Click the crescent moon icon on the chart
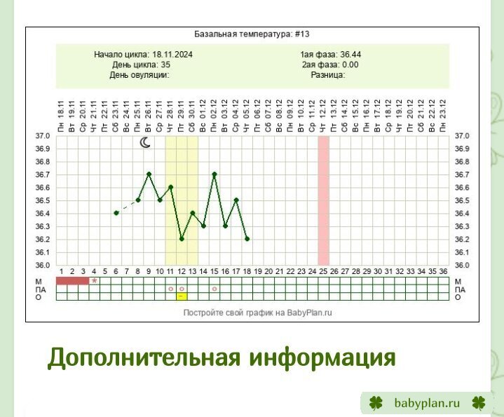[x=145, y=143]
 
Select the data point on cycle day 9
[x=149, y=174]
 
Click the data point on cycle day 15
[x=214, y=174]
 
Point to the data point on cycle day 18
[x=247, y=239]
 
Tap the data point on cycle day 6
[x=116, y=213]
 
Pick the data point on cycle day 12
[x=182, y=239]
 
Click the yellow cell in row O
[x=182, y=296]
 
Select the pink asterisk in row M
[x=94, y=281]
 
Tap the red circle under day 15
[x=214, y=289]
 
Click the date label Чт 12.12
[x=323, y=116]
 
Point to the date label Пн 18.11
[x=61, y=116]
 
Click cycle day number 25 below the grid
[x=323, y=271]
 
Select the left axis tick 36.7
[x=43, y=175]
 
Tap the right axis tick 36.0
[x=462, y=265]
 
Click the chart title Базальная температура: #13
[x=252, y=34]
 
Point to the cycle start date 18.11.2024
[x=172, y=54]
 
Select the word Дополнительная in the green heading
[x=144, y=357]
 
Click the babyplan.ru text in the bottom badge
[x=427, y=403]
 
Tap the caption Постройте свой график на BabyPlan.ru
[x=257, y=313]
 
